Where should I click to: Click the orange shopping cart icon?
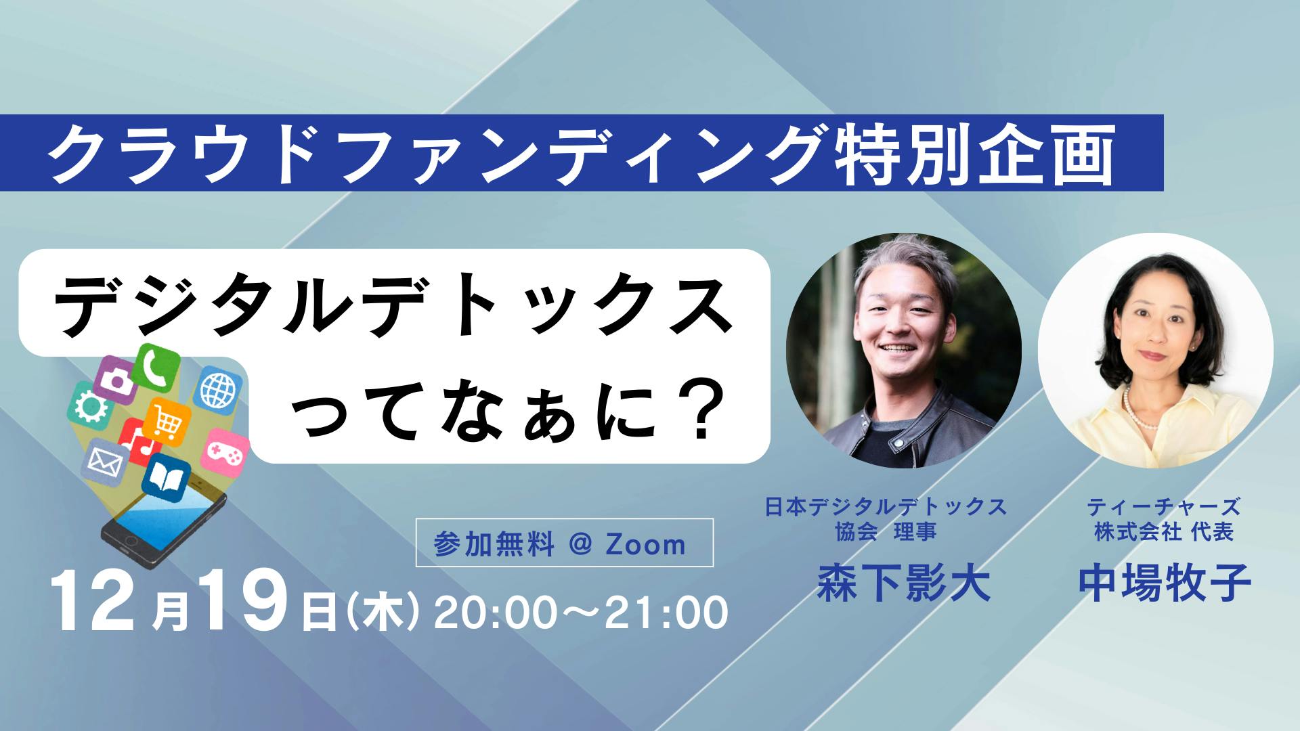coord(167,422)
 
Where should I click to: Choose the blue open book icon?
coord(166,479)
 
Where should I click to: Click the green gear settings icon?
coord(88,406)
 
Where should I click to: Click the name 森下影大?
coord(904,583)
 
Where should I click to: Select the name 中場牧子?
coord(1165,583)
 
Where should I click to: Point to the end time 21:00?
coord(666,613)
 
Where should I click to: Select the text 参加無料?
coord(495,544)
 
